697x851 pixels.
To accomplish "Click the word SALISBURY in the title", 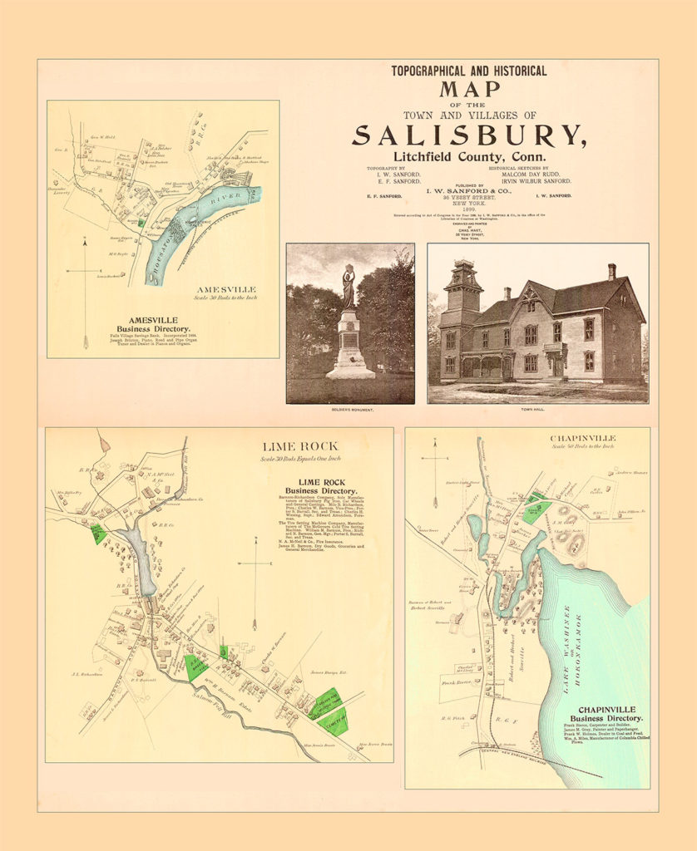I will (x=469, y=135).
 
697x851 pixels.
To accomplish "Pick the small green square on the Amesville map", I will (x=141, y=223).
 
